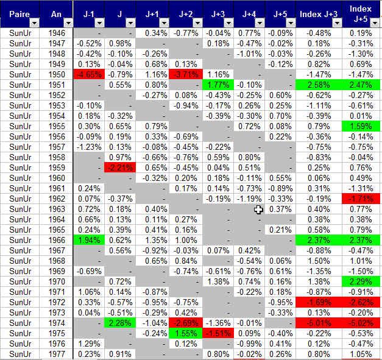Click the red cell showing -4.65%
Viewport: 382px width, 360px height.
point(88,74)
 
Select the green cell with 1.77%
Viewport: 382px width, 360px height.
point(218,84)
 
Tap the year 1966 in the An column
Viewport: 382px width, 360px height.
point(56,240)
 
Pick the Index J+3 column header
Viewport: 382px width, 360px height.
point(318,13)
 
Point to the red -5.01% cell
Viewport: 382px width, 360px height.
point(318,323)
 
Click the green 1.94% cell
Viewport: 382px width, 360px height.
point(88,240)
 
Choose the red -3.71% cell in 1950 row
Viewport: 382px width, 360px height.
point(186,74)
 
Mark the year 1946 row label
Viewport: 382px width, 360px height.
point(56,32)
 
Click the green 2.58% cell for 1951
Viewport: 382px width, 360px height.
point(318,84)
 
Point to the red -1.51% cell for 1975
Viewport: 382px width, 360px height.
point(218,333)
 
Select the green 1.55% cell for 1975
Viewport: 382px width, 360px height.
point(186,333)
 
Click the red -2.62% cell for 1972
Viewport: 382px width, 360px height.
point(362,302)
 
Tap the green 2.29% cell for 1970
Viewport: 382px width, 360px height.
point(362,281)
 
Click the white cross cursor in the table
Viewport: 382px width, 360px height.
point(259,210)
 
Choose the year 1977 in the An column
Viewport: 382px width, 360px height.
point(56,354)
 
